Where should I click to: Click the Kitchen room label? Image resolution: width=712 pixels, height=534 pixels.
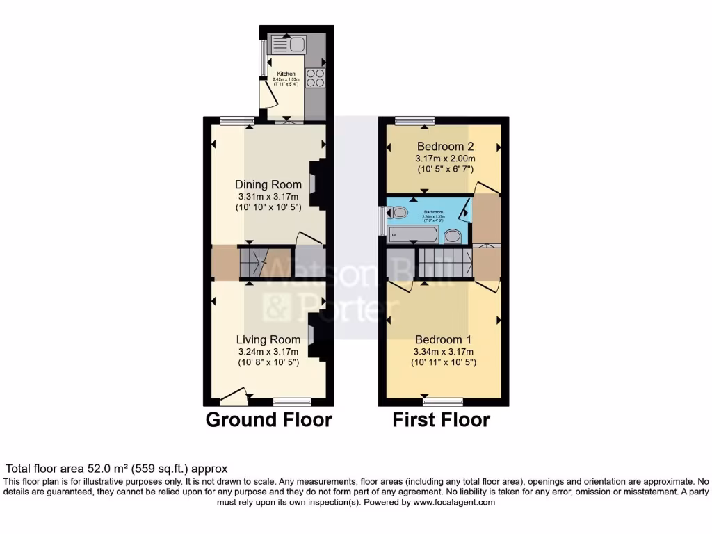pos(286,74)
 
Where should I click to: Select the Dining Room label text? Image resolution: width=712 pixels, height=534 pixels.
pos(268,185)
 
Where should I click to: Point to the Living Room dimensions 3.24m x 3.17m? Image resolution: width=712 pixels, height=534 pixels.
pos(268,352)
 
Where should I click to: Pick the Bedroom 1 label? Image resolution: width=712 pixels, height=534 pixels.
pos(444,340)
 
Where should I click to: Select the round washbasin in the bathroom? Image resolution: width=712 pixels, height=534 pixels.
pos(453,236)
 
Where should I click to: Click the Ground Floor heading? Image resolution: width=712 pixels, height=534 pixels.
pos(268,420)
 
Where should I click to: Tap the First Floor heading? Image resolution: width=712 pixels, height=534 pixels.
pos(441,420)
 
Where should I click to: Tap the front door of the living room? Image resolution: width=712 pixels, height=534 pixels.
pos(234,398)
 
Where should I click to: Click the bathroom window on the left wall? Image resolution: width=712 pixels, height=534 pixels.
pos(381,220)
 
